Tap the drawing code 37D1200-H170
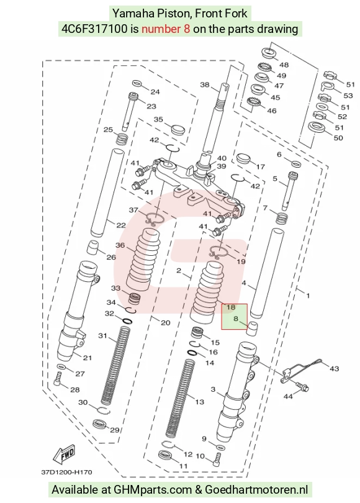pyautogui.click(x=66, y=472)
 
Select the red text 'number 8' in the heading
pyautogui.click(x=166, y=29)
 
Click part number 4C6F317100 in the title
pyautogui.click(x=94, y=29)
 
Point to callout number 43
pyautogui.click(x=334, y=369)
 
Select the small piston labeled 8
pyautogui.click(x=252, y=328)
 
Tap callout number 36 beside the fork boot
pyautogui.click(x=120, y=245)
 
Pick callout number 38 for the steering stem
pyautogui.click(x=205, y=85)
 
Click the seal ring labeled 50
pyautogui.click(x=317, y=127)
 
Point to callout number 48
pyautogui.click(x=284, y=65)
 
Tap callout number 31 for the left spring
pyautogui.click(x=102, y=336)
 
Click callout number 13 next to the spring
pyautogui.click(x=199, y=402)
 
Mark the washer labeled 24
pyautogui.click(x=137, y=83)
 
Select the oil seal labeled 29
pyautogui.click(x=100, y=424)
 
